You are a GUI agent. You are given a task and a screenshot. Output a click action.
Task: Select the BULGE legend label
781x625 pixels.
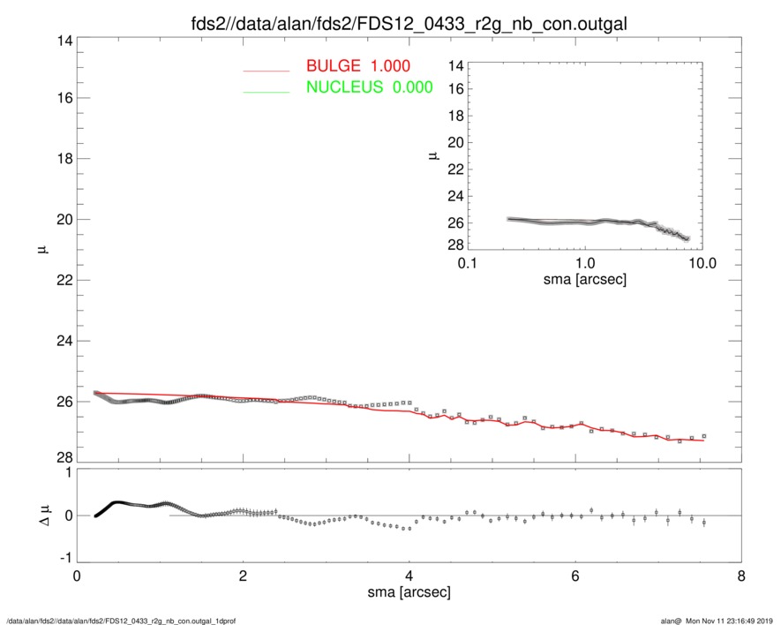coord(357,66)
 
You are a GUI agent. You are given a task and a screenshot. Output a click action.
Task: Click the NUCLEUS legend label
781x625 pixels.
coord(369,87)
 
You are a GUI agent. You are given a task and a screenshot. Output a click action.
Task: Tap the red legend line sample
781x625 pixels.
coord(267,69)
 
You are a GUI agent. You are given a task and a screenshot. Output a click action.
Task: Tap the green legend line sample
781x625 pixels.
coord(267,90)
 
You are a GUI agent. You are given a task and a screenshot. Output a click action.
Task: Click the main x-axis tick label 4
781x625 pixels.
coord(409,576)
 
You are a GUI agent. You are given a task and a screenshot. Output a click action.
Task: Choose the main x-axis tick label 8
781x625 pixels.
coord(741,576)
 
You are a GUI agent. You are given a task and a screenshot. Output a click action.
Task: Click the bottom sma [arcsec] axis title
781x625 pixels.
coord(409,593)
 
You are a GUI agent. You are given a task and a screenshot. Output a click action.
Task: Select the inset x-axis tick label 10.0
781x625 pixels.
coord(702,264)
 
